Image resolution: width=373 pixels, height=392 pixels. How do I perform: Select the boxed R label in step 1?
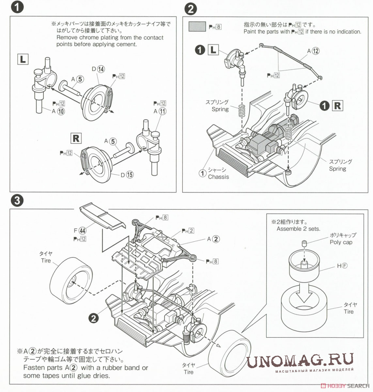[76, 138]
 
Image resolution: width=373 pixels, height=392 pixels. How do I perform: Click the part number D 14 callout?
[98, 69]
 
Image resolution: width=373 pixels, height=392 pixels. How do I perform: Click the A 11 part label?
[160, 111]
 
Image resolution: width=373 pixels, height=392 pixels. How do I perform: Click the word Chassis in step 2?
[218, 177]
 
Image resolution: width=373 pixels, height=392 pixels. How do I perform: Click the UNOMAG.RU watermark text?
[300, 361]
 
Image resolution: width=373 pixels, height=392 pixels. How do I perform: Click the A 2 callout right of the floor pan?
[213, 239]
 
